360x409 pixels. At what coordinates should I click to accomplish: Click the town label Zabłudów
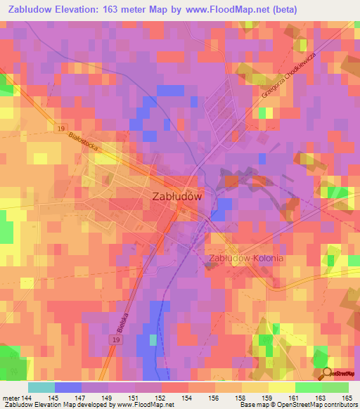(177, 197)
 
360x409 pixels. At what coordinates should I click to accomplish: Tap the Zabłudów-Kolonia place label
(246, 259)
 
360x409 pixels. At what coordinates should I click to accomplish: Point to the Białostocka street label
(83, 146)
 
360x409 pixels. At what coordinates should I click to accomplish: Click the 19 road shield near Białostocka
(60, 127)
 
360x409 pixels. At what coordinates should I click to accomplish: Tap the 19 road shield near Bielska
(114, 339)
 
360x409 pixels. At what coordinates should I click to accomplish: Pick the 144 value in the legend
(27, 398)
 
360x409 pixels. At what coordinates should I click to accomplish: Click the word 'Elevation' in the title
(77, 10)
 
